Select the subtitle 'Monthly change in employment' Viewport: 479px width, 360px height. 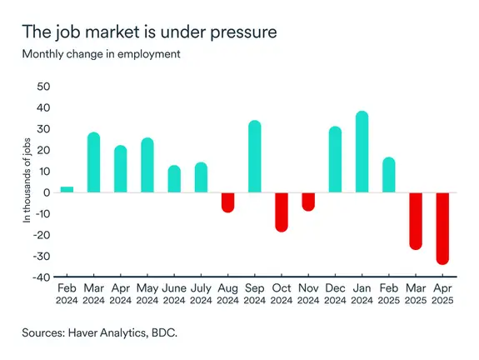102,54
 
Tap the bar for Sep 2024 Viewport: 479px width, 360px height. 255,157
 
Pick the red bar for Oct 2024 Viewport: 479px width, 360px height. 282,212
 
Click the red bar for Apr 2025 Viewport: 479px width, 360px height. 442,228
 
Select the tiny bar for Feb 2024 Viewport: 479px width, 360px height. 67,190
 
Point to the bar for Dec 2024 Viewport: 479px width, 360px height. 335,159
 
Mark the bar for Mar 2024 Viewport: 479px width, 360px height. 93,162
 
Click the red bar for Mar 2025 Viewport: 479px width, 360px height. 416,221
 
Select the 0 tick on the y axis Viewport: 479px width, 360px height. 47,192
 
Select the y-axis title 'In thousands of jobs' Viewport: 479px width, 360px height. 27,182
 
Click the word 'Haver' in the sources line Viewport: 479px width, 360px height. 95,332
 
